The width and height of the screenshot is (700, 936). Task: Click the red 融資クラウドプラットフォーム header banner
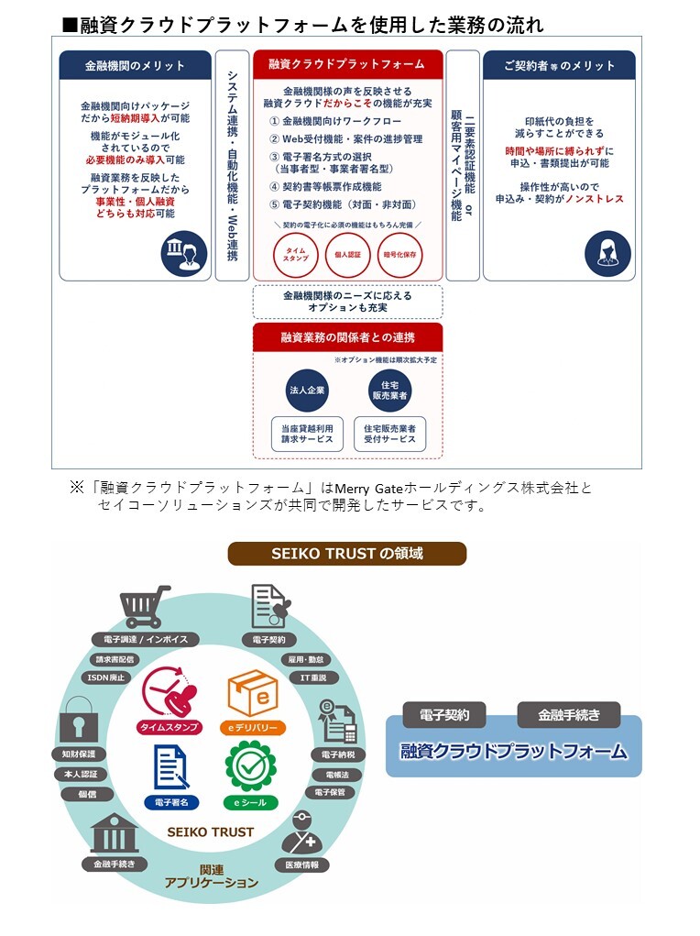click(347, 64)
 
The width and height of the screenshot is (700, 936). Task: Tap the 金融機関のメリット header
click(135, 65)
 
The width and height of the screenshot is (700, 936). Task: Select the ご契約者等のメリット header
click(559, 65)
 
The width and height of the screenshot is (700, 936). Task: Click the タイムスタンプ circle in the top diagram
click(296, 255)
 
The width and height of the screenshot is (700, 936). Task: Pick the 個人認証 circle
click(348, 255)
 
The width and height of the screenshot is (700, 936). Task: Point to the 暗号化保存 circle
click(400, 255)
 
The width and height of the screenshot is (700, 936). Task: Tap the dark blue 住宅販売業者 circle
click(390, 391)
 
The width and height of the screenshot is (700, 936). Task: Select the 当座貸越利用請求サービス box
click(307, 434)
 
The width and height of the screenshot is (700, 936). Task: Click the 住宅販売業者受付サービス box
click(390, 434)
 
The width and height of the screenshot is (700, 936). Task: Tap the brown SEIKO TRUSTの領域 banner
click(347, 554)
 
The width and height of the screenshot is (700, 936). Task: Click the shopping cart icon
click(146, 606)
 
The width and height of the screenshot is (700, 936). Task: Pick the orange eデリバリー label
click(252, 728)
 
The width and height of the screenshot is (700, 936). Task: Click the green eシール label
click(252, 802)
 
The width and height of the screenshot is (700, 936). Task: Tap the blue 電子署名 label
click(172, 802)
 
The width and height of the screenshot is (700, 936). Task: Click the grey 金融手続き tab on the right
click(569, 714)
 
